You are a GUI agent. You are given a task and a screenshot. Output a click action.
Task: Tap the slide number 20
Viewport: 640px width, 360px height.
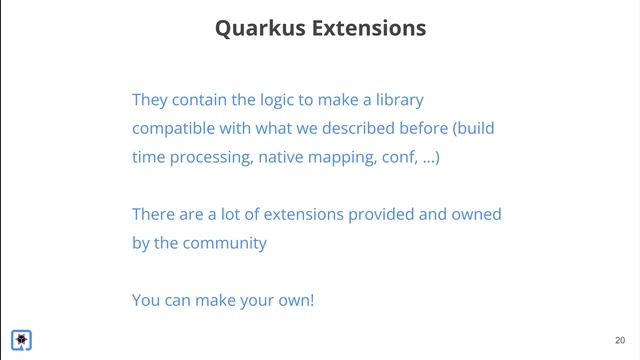pos(620,340)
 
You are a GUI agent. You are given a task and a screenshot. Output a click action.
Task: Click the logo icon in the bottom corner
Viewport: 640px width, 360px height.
pos(21,340)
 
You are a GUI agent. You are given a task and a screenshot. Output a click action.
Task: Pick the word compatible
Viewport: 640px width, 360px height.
pos(176,129)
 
